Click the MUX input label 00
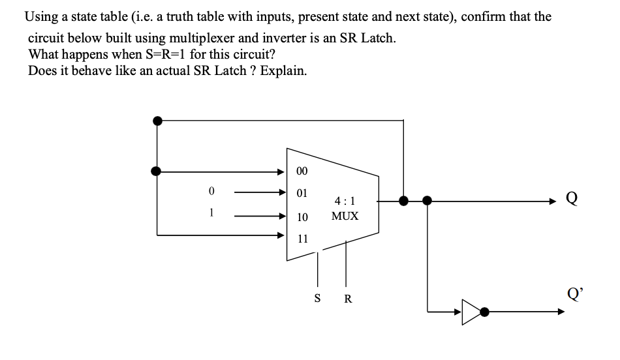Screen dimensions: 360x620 302,172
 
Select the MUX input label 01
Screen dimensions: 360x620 302,194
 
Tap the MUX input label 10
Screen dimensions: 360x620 302,216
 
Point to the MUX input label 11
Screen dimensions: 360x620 302,238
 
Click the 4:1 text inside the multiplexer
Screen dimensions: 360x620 345,202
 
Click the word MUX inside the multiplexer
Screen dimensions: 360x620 345,216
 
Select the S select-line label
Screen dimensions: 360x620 318,298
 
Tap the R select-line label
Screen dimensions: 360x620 347,299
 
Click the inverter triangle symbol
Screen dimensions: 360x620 471,312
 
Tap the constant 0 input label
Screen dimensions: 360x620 211,192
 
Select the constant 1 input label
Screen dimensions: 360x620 211,213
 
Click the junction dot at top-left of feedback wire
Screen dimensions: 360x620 157,120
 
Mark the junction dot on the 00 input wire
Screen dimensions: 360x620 157,171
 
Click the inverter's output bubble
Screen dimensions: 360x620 485,312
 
